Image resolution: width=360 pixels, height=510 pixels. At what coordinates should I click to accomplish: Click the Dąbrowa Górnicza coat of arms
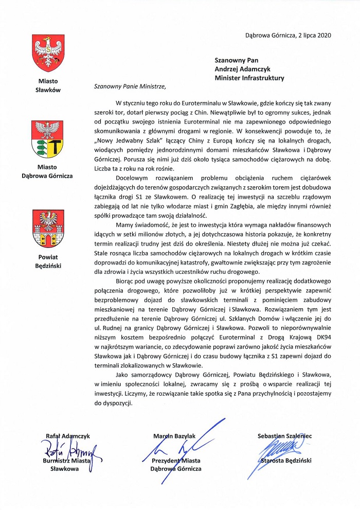point(48,138)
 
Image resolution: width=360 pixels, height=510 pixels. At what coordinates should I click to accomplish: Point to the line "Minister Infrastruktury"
point(249,78)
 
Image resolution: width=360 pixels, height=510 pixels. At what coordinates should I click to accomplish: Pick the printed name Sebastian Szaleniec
point(284,436)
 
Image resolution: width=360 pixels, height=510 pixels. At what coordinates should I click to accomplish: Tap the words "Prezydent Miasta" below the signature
point(176,461)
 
